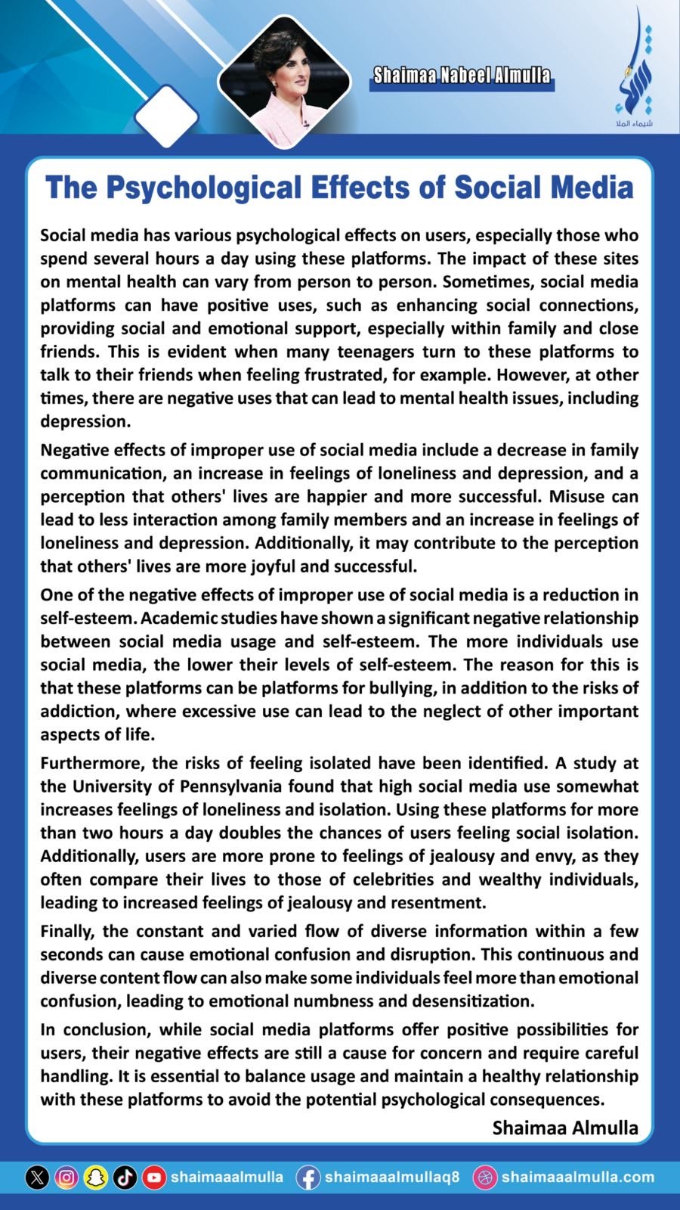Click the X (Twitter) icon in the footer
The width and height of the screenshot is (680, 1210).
pos(38,1177)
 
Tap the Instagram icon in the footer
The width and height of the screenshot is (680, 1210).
pos(66,1177)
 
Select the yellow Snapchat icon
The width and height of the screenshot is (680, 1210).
pos(96,1177)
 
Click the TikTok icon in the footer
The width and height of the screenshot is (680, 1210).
pos(125,1177)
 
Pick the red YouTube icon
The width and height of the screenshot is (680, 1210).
pos(154,1177)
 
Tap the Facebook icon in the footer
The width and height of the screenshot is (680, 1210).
pos(308,1177)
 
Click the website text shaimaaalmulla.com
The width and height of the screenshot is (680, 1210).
pos(578,1177)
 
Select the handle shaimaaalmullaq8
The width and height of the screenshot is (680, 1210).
pos(391,1177)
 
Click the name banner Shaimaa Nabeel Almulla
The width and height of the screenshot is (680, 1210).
pos(462,76)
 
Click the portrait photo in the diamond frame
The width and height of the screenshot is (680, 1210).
pos(284,80)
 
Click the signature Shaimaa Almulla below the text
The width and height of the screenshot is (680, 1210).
pos(565,1128)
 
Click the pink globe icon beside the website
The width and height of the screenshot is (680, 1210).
pos(484,1177)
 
